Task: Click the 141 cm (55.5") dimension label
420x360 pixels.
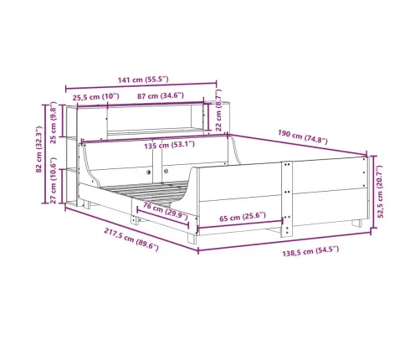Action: coord(143,80)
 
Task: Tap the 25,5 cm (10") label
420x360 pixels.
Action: coord(95,97)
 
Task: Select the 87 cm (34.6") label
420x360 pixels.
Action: coord(161,96)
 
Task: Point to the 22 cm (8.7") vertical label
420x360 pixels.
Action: coord(218,111)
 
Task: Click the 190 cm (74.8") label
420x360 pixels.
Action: coord(303,136)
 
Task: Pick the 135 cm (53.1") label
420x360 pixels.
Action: coord(169,145)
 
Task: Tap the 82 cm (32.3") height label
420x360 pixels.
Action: coord(38,149)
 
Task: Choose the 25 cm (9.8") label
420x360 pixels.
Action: coord(54,122)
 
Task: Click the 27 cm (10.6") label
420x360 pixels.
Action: coord(54,180)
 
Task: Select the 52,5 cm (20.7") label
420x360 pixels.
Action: coord(380,192)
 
